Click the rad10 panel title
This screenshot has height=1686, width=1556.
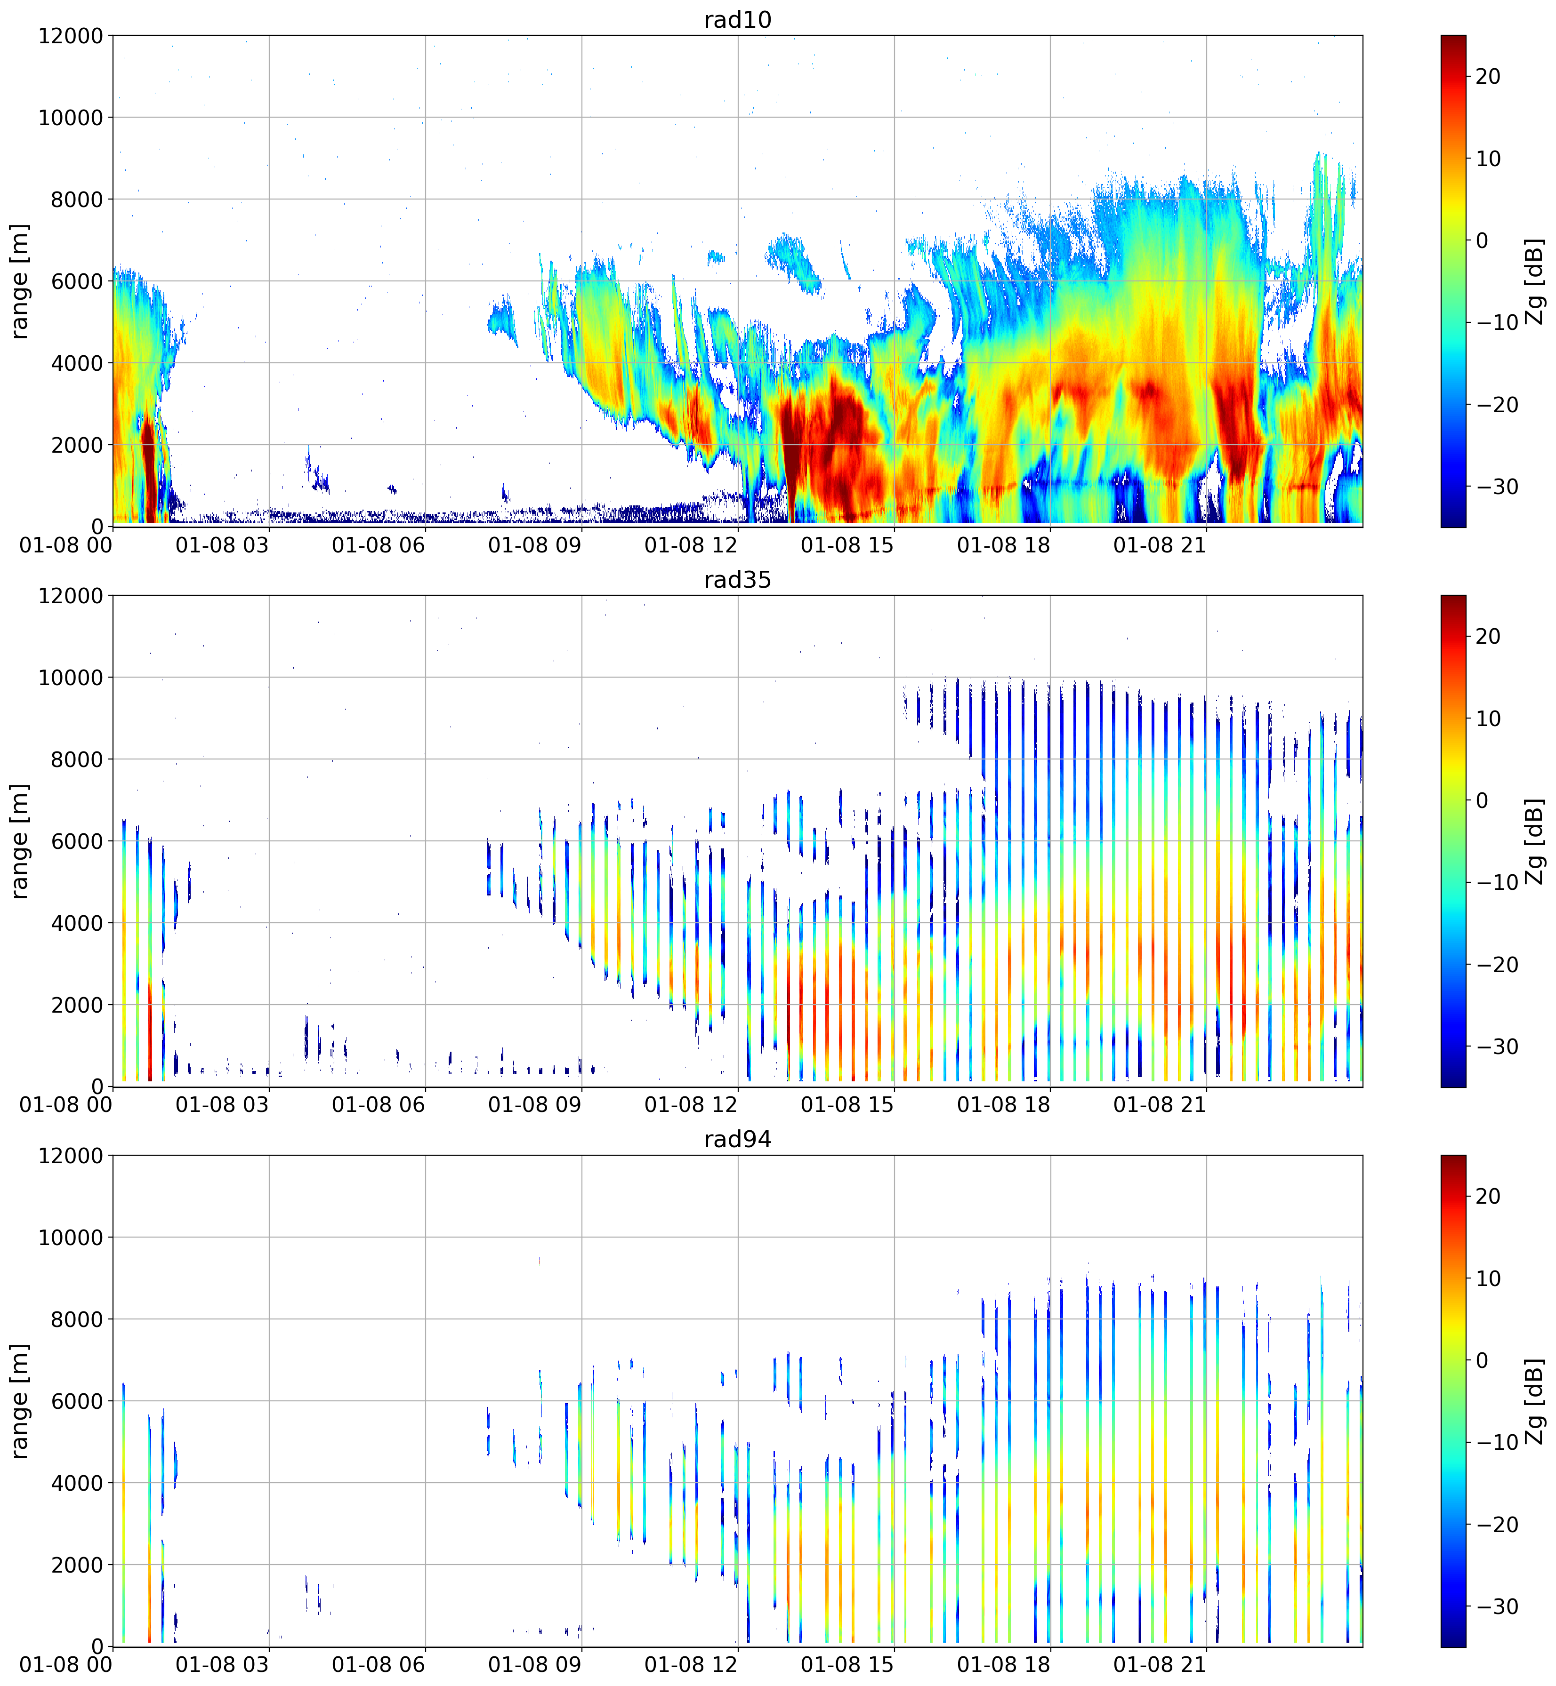738,19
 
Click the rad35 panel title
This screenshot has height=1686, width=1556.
738,579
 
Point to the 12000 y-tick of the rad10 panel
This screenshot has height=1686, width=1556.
71,36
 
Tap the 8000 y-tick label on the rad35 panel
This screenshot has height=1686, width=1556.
78,759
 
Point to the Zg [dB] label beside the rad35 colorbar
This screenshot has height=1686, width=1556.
1535,841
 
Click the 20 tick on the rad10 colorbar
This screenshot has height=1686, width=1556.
1488,77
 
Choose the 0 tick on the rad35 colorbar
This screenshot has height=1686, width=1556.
1482,800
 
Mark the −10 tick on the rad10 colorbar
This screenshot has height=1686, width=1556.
1494,322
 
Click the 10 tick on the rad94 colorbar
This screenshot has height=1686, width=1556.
1488,1278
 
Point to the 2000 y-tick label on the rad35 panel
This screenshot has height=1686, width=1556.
78,1005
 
